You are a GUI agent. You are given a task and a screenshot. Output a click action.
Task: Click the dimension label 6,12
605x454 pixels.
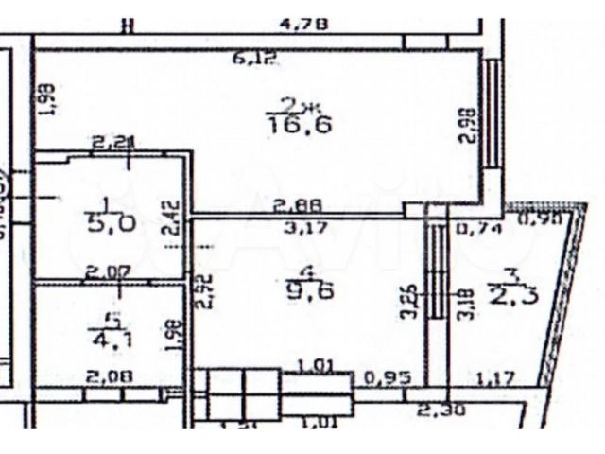[x=253, y=60]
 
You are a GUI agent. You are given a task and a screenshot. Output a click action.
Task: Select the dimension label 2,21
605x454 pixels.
[x=113, y=144]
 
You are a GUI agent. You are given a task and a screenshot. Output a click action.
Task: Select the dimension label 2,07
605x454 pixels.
[x=104, y=272]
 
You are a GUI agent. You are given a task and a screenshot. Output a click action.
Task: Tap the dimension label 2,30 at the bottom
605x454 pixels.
[x=438, y=410]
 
